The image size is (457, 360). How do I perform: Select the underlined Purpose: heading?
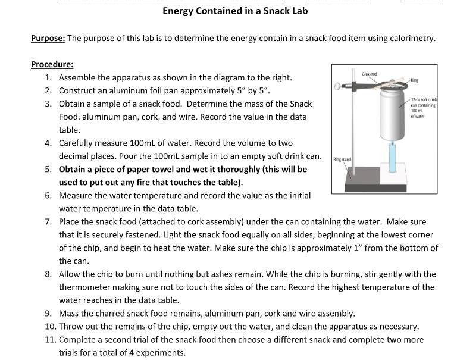point(48,39)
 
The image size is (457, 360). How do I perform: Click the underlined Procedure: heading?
point(52,64)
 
